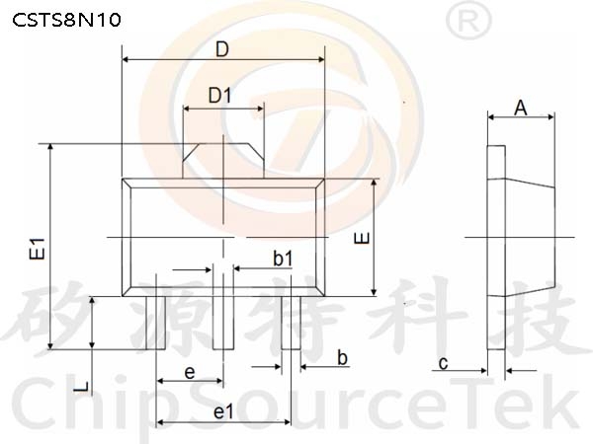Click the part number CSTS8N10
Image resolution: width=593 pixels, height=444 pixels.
(66, 20)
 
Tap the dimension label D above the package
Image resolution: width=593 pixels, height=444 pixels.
(222, 49)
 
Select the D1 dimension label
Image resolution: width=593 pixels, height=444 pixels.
(219, 95)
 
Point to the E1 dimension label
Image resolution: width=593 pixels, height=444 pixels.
(37, 249)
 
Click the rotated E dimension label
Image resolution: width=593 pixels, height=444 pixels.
(362, 238)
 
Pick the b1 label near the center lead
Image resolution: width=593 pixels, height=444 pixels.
(283, 259)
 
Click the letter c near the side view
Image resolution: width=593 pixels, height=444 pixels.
(443, 363)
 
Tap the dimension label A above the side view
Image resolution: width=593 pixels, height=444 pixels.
(521, 109)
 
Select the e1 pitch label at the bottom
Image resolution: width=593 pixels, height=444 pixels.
(224, 411)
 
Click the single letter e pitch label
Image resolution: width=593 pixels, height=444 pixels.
(190, 373)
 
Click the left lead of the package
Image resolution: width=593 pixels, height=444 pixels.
(156, 323)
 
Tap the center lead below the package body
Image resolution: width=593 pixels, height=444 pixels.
(223, 323)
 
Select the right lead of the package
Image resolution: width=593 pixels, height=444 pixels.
(291, 323)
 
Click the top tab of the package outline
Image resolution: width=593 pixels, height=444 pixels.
(223, 161)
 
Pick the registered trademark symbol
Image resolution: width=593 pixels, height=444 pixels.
(468, 21)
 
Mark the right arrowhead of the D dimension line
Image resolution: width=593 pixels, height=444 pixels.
(321, 59)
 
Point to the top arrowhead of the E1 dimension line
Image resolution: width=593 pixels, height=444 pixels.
(50, 148)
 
